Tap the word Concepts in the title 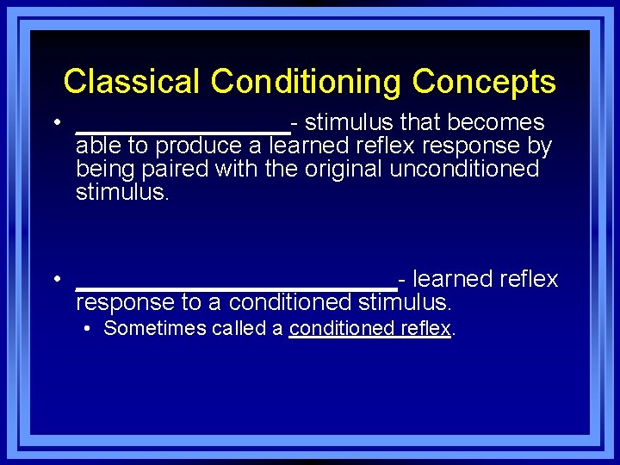coord(484,82)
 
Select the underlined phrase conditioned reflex coord(370,328)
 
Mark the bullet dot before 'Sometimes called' coord(89,328)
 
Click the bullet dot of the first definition coord(56,123)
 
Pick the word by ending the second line coord(540,146)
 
